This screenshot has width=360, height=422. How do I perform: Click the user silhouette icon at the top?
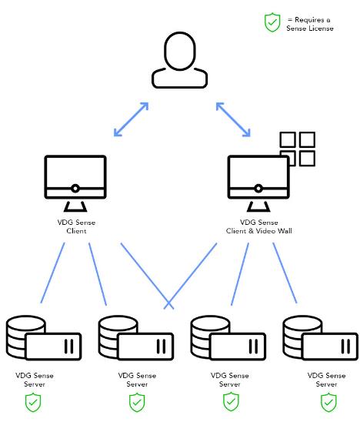pos(179,60)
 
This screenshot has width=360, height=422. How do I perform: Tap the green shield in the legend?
pos(272,22)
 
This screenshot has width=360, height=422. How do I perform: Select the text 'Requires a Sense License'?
pos(310,24)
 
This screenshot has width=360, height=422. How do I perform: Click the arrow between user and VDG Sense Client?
pos(132,119)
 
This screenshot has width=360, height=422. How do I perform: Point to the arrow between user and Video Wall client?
pos(233,119)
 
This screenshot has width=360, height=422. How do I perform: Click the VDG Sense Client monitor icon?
pos(75,183)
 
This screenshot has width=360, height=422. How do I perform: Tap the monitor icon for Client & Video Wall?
pos(258,183)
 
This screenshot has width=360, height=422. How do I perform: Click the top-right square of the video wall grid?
pos(307,139)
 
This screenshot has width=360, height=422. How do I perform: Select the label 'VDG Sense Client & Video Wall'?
pos(259,226)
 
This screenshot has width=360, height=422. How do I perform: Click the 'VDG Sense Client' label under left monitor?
pos(76,226)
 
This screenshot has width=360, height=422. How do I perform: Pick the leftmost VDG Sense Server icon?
pos(44,338)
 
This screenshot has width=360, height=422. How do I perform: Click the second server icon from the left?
pos(136,338)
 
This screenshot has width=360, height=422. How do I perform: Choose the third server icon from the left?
pos(228,338)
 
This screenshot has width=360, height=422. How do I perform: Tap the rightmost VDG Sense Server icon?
pos(321,338)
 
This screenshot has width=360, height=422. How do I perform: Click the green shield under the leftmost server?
pos(33,403)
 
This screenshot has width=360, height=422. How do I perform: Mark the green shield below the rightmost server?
pos(328,403)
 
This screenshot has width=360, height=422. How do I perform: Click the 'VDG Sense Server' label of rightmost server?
pos(326,380)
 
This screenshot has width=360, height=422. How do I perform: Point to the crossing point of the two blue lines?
pos(168,303)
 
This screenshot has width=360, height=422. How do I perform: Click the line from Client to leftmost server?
pos(53,273)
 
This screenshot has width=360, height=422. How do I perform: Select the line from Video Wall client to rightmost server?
pos(285,273)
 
